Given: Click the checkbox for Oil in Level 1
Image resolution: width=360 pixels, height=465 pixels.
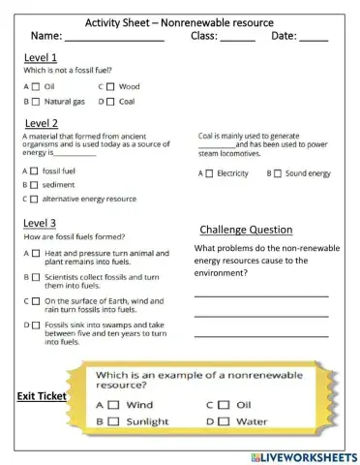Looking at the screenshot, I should coord(35,86).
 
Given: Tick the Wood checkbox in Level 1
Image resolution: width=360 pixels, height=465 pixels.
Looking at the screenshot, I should coord(109,86).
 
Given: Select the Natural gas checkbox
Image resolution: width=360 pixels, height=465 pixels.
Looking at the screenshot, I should coord(35,101).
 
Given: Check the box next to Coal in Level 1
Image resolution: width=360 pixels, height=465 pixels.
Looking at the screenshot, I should coord(109,101).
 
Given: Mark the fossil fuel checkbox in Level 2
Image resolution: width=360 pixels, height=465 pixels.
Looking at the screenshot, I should coord(35,170).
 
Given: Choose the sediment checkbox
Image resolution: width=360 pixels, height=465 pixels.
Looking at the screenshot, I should coord(35,184).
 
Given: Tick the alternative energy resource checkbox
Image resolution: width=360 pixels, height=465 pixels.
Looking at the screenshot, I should coord(35,199).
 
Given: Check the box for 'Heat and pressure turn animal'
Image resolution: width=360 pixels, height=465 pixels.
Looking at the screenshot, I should coord(35,253).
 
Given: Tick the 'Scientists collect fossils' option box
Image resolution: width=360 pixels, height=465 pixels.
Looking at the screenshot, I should coord(35,277).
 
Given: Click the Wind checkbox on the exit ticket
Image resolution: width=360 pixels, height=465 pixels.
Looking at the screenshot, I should coord(112,405).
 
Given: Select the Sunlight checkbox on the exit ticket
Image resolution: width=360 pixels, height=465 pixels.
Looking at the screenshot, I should coord(112,421).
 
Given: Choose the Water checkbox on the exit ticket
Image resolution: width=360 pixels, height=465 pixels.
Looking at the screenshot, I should coord(224,421).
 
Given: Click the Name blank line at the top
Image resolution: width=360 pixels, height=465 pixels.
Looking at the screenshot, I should coord(113,39).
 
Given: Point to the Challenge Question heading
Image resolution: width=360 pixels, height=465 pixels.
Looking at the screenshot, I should coord(246,230).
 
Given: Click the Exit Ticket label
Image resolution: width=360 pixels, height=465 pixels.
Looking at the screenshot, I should coord(41,396).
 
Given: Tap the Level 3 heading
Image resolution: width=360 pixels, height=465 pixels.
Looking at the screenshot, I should coord(40,223).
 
